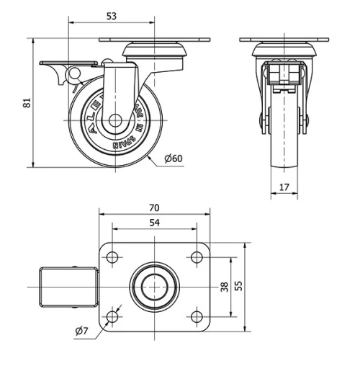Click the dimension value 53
point(111,16)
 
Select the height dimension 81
point(27,103)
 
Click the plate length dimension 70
point(154,207)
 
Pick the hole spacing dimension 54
point(154,223)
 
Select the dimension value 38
point(224,286)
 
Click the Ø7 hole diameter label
point(81,331)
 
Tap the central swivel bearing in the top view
point(154,286)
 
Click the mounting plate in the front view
point(285,40)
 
